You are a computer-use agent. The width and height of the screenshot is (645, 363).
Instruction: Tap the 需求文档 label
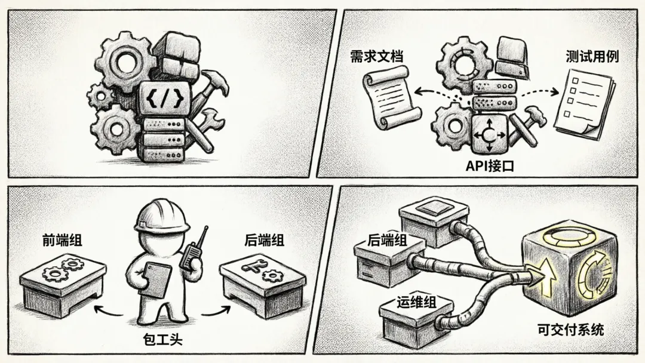tap(377, 57)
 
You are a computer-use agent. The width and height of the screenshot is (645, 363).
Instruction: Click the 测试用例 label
tap(592, 57)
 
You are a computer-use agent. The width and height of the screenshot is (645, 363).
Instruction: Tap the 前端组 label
tap(63, 240)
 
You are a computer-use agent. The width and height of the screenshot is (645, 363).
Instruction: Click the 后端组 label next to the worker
tap(265, 240)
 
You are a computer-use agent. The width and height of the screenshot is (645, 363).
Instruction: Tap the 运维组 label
tap(417, 302)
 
